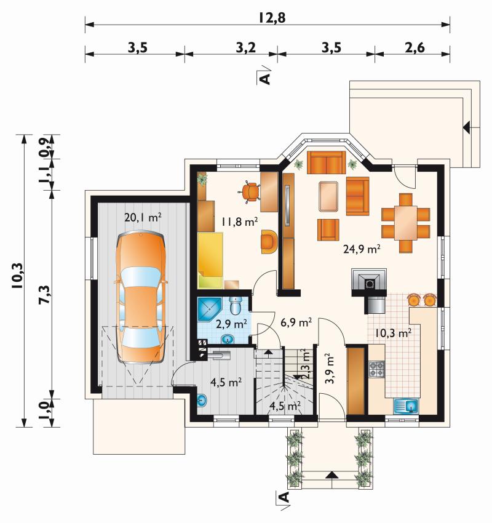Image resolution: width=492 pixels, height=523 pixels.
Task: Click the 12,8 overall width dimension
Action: (272, 18)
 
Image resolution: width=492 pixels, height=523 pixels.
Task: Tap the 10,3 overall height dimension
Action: (17, 276)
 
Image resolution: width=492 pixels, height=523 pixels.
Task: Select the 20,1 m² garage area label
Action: (143, 217)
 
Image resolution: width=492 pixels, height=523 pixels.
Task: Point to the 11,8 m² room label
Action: (239, 222)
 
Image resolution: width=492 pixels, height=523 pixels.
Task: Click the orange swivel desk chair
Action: (250, 192)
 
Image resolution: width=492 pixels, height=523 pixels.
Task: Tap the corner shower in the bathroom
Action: (209, 310)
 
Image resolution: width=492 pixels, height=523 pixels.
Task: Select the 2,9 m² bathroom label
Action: (231, 324)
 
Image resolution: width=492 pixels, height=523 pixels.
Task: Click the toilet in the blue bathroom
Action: (236, 305)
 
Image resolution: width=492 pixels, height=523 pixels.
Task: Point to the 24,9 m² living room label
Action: (362, 249)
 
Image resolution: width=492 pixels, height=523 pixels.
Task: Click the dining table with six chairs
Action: (406, 223)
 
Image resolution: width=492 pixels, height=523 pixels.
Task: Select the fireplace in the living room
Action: (370, 282)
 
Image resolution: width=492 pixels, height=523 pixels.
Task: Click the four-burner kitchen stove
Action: (376, 369)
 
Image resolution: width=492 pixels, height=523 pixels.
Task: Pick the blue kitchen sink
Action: (407, 406)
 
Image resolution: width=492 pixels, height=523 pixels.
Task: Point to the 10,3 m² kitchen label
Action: (393, 333)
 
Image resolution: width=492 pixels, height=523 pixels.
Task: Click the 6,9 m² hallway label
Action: (296, 322)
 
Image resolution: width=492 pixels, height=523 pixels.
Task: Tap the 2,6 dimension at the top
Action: (415, 48)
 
